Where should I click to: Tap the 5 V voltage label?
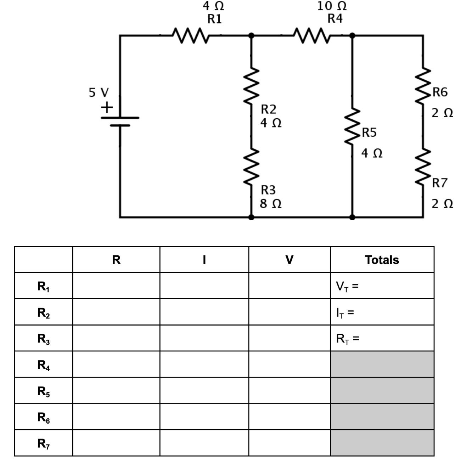[99, 93]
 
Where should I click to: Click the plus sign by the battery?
[107, 107]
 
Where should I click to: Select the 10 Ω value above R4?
[332, 6]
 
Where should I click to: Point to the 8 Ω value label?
[271, 204]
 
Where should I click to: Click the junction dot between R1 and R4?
[252, 35]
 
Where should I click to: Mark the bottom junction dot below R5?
[352, 216]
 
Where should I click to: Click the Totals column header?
[382, 260]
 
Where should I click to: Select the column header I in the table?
[204, 260]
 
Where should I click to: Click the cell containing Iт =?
[382, 312]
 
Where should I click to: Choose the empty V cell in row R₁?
[289, 286]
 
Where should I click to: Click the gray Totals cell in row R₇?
[382, 443]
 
